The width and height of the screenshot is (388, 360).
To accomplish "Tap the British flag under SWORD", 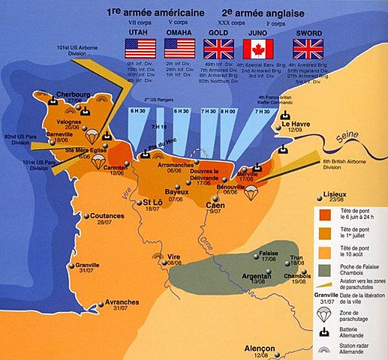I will (x=308, y=49).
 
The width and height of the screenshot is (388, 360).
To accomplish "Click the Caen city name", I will (x=215, y=205).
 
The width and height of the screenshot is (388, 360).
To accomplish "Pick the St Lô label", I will (x=152, y=203).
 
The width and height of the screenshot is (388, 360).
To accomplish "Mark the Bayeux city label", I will (x=176, y=192).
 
